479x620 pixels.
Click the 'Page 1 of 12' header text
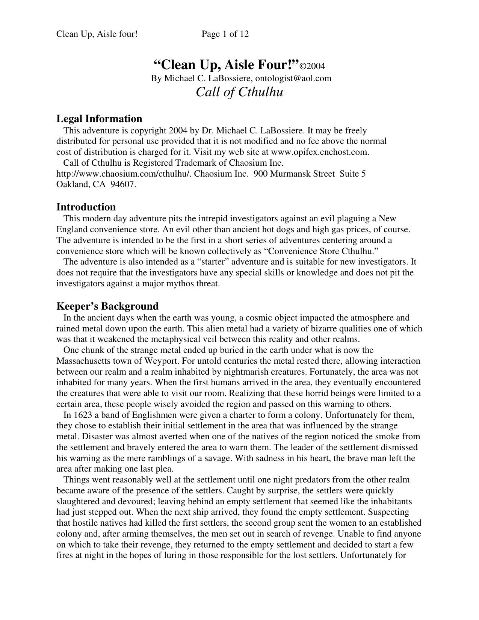point(225,34)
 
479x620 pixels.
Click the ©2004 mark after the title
point(312,67)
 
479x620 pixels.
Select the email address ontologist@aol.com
point(293,79)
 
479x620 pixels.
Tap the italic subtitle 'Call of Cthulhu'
point(239,92)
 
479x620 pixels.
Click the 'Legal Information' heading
point(99,119)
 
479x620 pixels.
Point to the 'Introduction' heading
point(86,207)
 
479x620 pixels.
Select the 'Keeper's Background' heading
point(107,306)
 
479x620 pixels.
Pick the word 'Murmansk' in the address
point(289,174)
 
